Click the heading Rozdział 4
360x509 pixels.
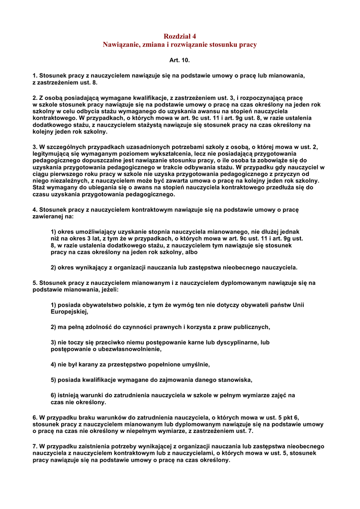click(x=180, y=36)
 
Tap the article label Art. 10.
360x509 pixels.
click(x=180, y=60)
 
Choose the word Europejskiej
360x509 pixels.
click(x=69, y=312)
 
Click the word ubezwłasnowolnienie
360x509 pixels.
click(x=116, y=349)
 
